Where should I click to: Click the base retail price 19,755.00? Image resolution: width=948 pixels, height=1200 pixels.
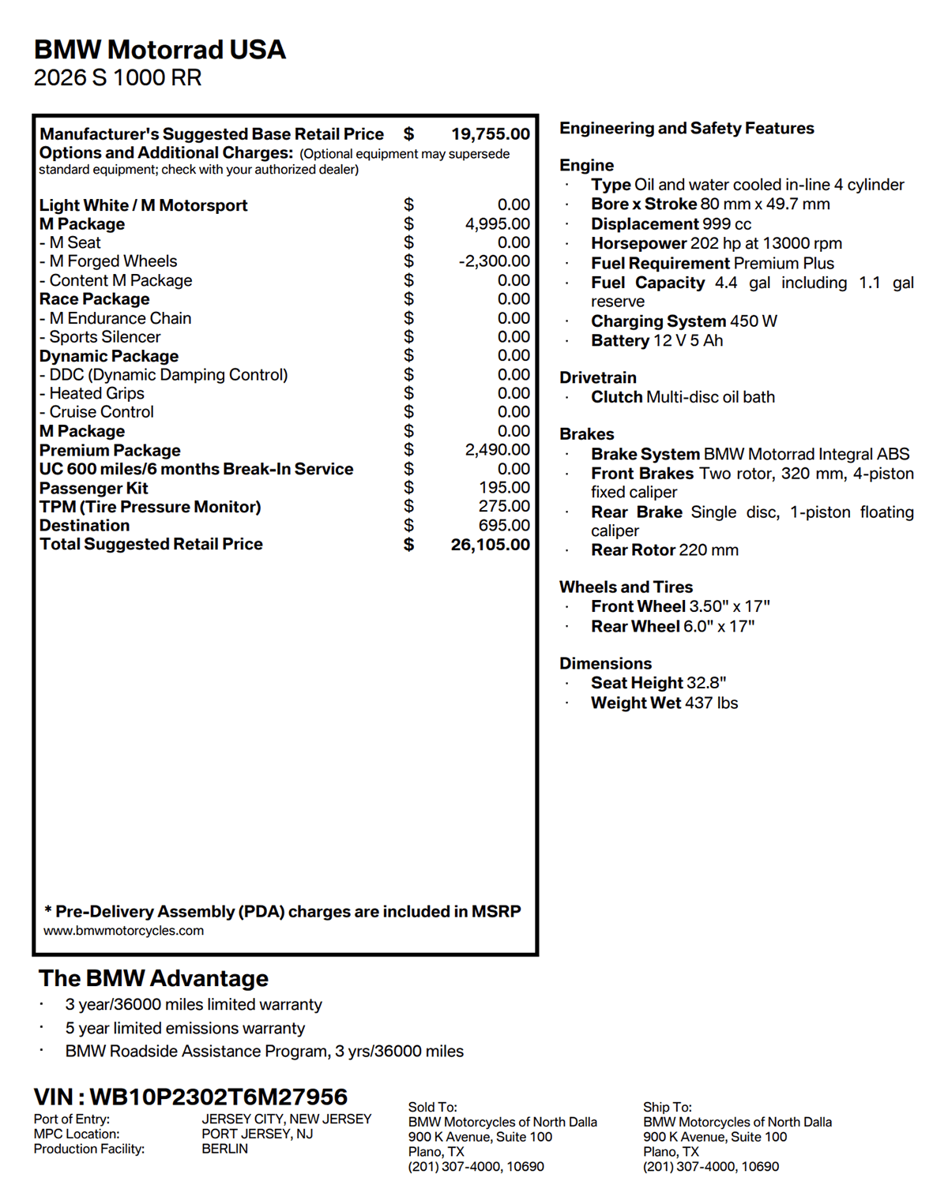point(490,134)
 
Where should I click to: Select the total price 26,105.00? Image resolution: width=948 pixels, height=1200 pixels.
point(490,545)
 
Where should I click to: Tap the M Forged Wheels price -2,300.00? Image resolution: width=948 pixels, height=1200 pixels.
point(494,261)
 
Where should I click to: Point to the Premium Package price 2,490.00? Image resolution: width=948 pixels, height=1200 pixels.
point(497,450)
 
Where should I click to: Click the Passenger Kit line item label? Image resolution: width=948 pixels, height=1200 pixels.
point(94,489)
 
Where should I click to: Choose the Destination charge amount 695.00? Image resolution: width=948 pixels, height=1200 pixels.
point(504,526)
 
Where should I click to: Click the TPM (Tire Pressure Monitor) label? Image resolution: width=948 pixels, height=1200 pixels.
point(150,507)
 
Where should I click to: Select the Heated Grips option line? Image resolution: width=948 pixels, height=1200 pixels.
point(92,393)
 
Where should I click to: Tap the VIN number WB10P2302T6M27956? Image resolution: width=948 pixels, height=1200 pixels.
point(218,1097)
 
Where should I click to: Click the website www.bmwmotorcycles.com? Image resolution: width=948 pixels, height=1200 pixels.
point(124,931)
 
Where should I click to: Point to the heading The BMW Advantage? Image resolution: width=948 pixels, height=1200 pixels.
point(153,978)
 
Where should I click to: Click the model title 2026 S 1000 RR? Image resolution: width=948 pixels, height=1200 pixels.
point(118,77)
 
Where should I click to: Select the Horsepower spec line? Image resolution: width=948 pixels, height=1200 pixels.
point(716,243)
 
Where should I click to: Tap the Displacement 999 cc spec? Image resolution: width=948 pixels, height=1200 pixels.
point(671,224)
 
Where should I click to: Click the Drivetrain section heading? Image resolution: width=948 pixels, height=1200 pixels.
point(598,377)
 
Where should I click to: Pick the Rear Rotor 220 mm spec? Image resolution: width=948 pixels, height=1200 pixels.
point(664,550)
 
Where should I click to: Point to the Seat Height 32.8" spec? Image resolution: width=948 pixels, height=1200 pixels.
point(658,683)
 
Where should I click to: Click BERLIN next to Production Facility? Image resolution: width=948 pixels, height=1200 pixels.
point(224,1149)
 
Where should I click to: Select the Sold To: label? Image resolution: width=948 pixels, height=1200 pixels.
point(432,1107)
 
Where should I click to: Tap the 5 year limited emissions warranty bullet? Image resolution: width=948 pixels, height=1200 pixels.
point(185,1028)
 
